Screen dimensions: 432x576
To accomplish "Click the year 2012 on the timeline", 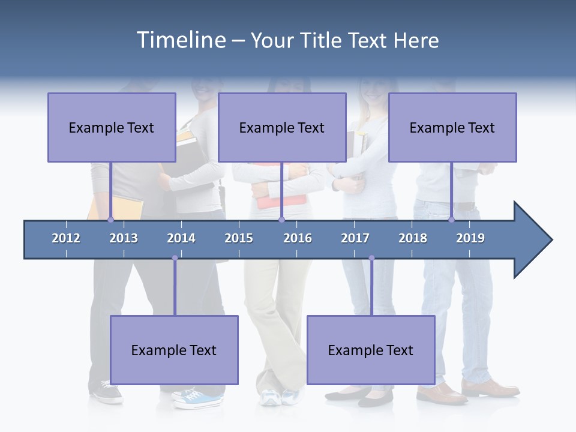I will tap(66, 238).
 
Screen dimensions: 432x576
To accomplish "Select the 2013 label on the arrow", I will tap(124, 238).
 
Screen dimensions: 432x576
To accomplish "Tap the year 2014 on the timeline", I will tap(181, 238).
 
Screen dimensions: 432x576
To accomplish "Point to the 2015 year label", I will tap(239, 238).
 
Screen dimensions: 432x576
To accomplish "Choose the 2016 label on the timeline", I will tap(298, 238).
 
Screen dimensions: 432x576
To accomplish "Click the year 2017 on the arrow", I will tap(355, 238).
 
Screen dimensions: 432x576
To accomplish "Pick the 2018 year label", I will tap(413, 238).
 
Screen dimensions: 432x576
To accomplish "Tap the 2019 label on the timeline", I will tap(470, 238).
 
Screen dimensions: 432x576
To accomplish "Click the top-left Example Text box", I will tap(112, 127).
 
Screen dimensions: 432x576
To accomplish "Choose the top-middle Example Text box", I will tap(282, 127).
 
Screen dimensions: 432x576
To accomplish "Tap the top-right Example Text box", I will tap(452, 127).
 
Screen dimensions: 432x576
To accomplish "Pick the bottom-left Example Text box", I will tap(174, 350).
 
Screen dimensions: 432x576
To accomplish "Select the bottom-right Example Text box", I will tap(371, 350).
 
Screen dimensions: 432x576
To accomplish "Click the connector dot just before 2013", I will tap(110, 220).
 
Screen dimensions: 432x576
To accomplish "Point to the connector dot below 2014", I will tap(175, 258).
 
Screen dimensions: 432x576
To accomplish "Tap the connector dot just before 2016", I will tap(281, 220).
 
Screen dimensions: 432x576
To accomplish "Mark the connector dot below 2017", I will tap(371, 258).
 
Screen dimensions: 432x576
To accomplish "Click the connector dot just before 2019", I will tap(451, 220).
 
